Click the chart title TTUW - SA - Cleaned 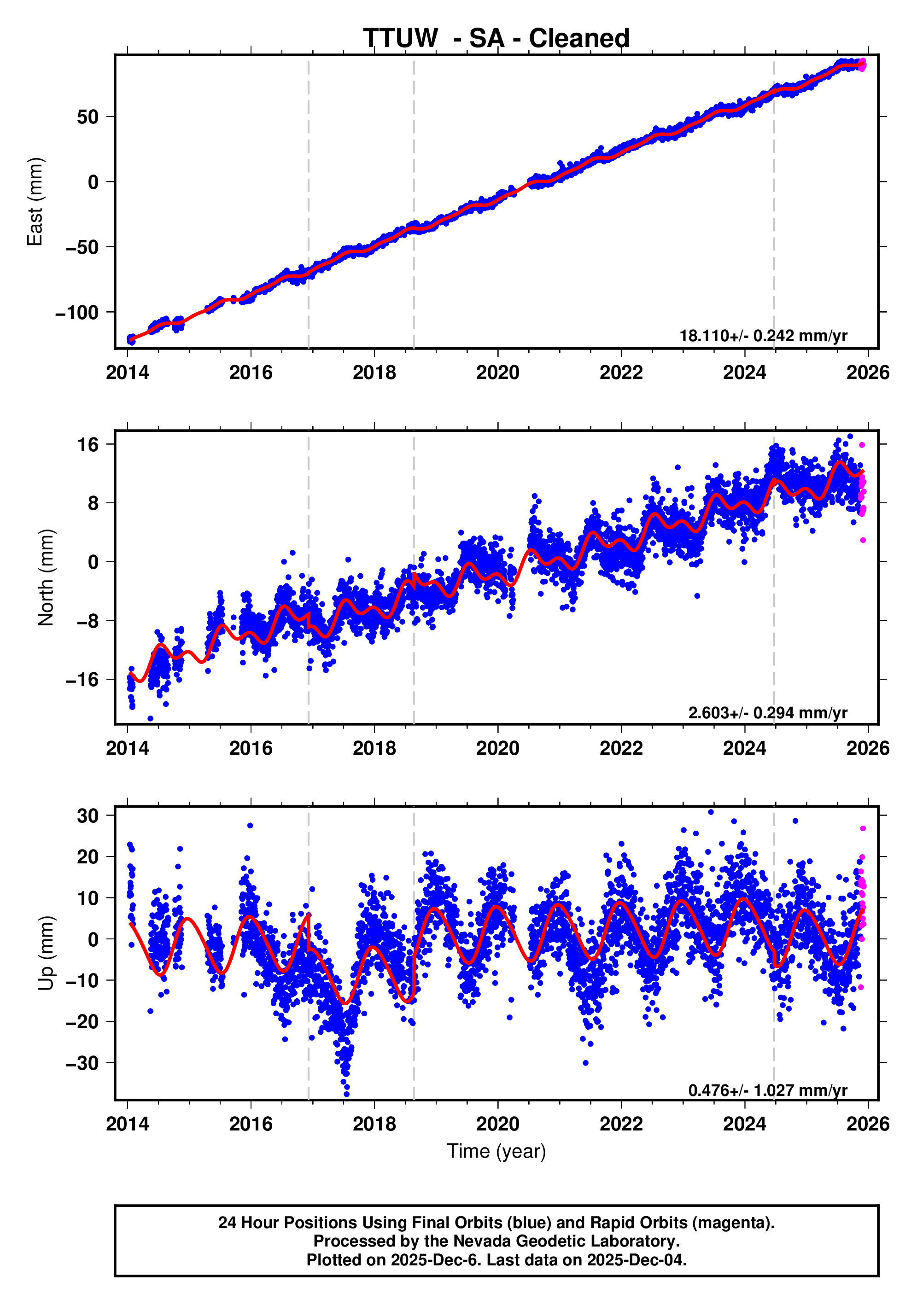point(496,39)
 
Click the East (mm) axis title point(35,202)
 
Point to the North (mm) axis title point(46,577)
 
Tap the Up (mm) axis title point(46,953)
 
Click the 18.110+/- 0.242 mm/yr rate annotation point(763,336)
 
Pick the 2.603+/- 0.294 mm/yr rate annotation point(767,713)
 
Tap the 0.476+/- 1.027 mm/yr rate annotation point(767,1090)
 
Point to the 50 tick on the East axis point(88,117)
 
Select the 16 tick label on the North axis point(88,444)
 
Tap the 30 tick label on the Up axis point(88,816)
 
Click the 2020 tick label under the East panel point(497,373)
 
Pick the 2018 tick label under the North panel point(374,748)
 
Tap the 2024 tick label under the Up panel point(744,1124)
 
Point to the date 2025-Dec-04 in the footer point(636,1259)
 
